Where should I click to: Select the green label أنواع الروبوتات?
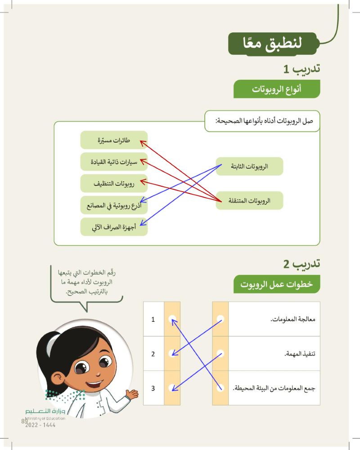click(276, 89)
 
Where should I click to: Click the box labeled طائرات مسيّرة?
click(114, 140)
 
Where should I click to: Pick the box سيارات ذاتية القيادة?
click(114, 162)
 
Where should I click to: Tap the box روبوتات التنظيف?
click(114, 184)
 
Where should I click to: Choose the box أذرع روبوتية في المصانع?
click(114, 206)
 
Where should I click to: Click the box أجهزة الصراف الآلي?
click(114, 227)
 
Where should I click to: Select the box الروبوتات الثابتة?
click(249, 166)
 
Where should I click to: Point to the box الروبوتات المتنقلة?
click(249, 200)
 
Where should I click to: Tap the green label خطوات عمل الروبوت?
click(276, 285)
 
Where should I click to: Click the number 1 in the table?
click(153, 319)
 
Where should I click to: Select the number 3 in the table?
click(153, 388)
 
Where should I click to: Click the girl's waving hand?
click(132, 395)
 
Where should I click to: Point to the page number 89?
click(24, 421)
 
